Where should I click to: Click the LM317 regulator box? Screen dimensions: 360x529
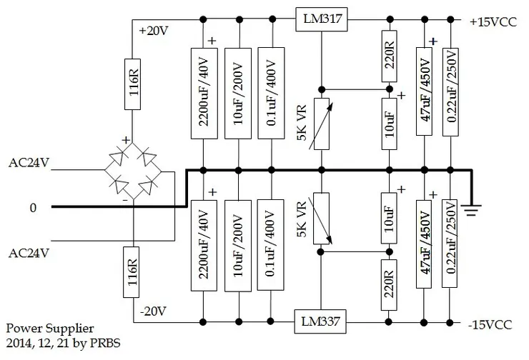tap(321, 20)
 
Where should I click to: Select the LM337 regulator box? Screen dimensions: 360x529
tap(321, 323)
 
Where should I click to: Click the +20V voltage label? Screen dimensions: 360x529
tap(154, 31)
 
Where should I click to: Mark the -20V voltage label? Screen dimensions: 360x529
tap(154, 311)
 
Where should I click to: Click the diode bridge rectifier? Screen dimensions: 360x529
tap(134, 171)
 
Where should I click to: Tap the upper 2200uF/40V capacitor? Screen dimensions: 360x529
tap(204, 93)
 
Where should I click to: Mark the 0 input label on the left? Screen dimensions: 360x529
tap(32, 208)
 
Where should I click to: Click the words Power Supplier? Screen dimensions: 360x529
tap(49, 329)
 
